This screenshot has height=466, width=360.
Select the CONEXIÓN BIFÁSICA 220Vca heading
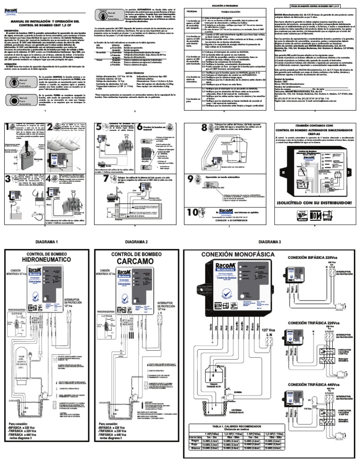pos(319,258)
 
